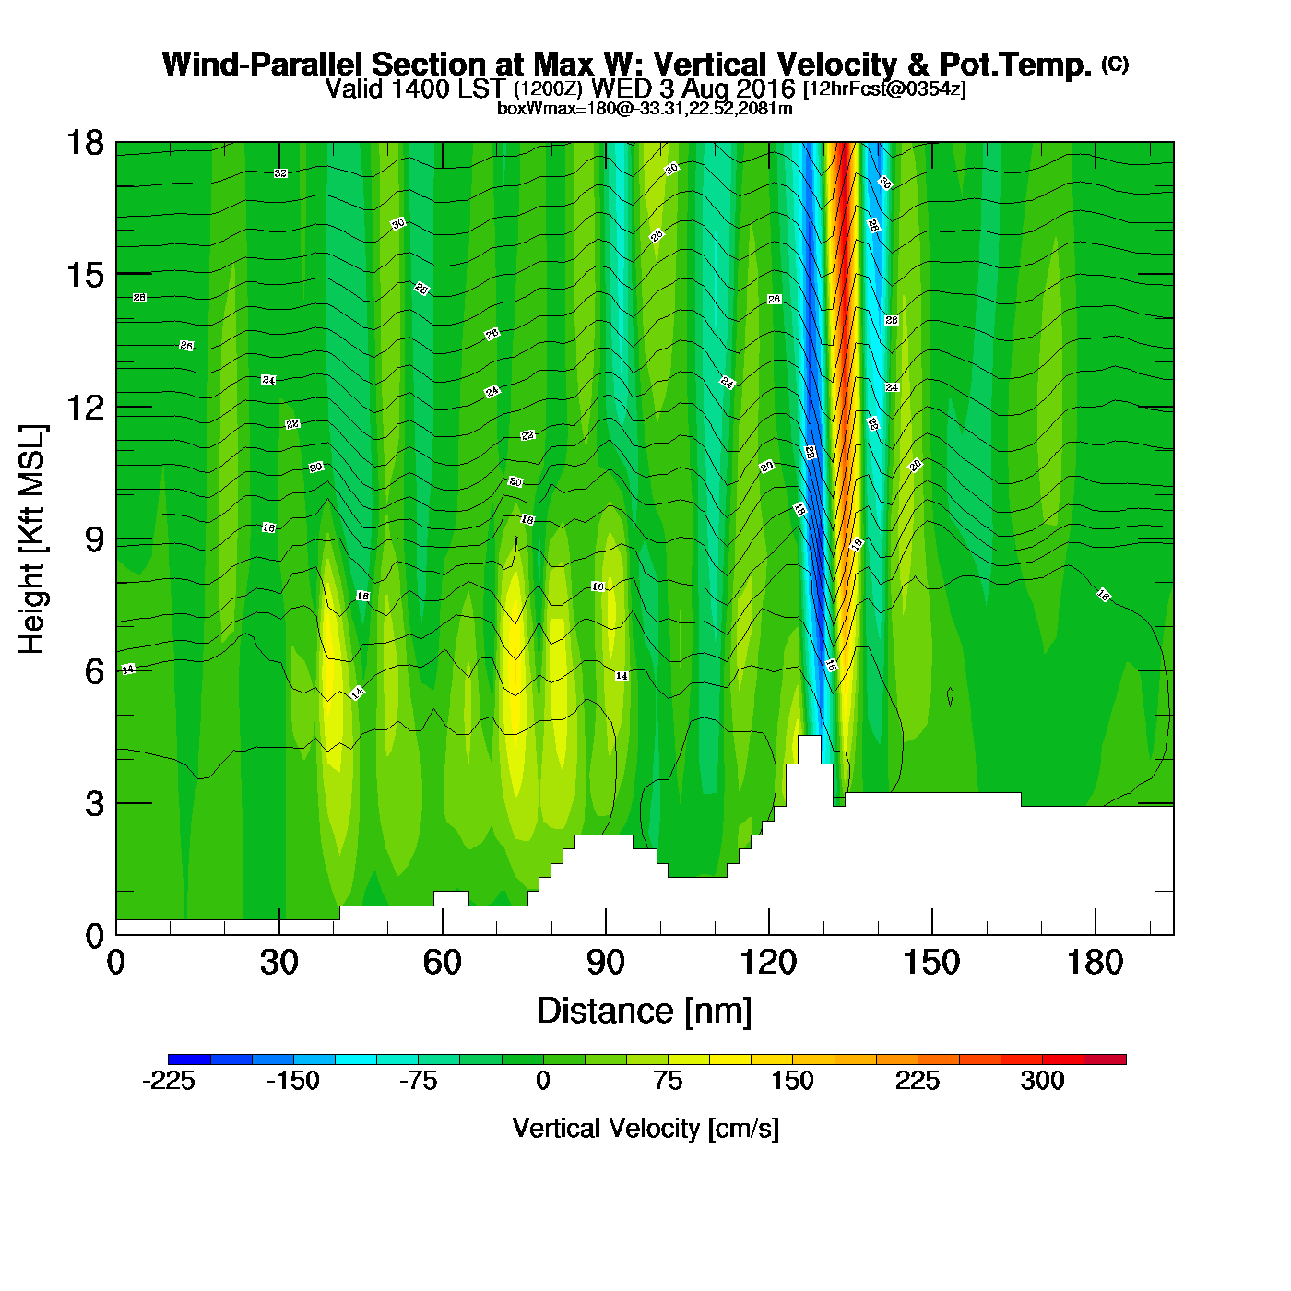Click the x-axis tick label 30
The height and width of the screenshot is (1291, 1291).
(278, 964)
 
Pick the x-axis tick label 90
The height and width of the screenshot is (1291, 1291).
(605, 964)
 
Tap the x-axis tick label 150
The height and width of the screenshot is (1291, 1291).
(931, 964)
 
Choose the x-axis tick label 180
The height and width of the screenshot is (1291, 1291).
(1095, 964)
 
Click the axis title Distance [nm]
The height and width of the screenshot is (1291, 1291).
(645, 1012)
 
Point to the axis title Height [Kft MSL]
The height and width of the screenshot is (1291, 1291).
(32, 539)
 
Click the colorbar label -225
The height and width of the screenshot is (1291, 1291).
(169, 1081)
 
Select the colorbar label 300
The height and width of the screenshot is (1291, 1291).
(1042, 1081)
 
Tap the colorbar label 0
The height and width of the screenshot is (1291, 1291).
(543, 1081)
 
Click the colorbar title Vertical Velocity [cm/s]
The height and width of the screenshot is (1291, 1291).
(645, 1129)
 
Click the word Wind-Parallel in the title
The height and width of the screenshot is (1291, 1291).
(263, 65)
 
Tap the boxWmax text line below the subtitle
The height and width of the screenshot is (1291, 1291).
(645, 108)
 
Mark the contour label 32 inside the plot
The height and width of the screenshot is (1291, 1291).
(280, 173)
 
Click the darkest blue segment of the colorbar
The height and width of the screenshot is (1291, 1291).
(189, 1060)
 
